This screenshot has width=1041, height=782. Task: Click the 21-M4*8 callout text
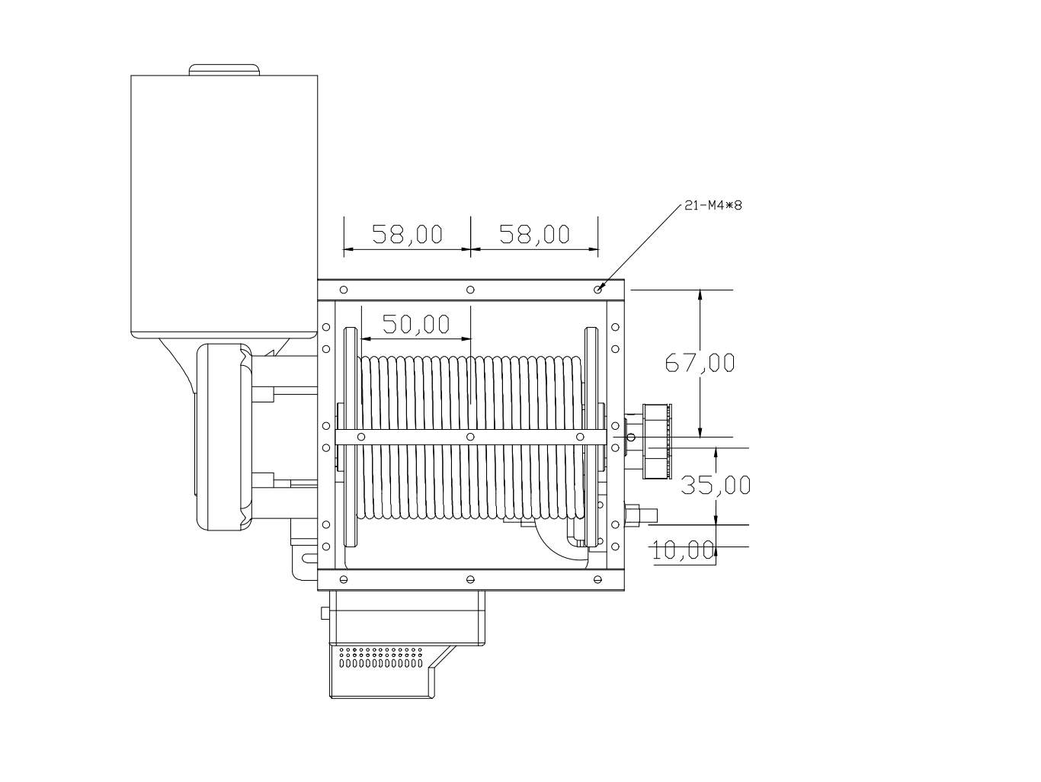tap(713, 205)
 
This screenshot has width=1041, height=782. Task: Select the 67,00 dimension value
tap(700, 364)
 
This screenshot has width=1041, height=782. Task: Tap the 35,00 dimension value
tap(716, 486)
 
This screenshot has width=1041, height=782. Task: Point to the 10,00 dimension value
tap(683, 550)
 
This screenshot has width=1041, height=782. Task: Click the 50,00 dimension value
tap(416, 325)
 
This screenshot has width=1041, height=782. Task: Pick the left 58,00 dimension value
tap(407, 234)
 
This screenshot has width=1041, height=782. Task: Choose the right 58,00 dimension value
tap(534, 234)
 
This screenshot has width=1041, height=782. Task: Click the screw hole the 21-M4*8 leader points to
tap(597, 290)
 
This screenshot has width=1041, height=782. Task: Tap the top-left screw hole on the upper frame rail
tap(344, 290)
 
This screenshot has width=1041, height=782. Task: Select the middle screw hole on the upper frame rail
tap(470, 290)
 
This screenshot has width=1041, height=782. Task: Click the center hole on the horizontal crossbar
tap(470, 437)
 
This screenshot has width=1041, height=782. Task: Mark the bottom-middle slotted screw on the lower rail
tap(470, 579)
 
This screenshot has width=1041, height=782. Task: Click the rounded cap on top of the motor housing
tap(224, 69)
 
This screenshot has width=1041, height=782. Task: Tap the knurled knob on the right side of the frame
tap(657, 441)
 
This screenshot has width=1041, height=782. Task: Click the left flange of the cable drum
tap(351, 437)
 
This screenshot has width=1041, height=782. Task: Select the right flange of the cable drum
tap(591, 437)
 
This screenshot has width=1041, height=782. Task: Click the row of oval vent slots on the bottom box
tap(381, 663)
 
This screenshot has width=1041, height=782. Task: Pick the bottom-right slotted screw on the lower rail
tap(597, 579)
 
